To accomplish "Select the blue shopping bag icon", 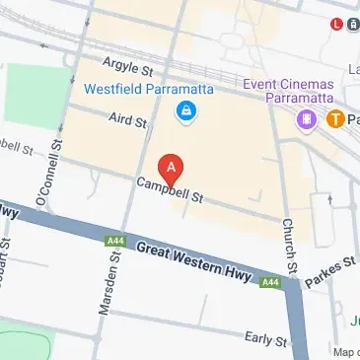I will point(183,114).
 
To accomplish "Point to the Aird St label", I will point(127,119).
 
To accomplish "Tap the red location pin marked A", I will point(172,168).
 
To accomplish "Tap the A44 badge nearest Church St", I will point(272,283).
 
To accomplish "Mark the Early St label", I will point(264,337).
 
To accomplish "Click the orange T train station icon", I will point(335,119).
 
